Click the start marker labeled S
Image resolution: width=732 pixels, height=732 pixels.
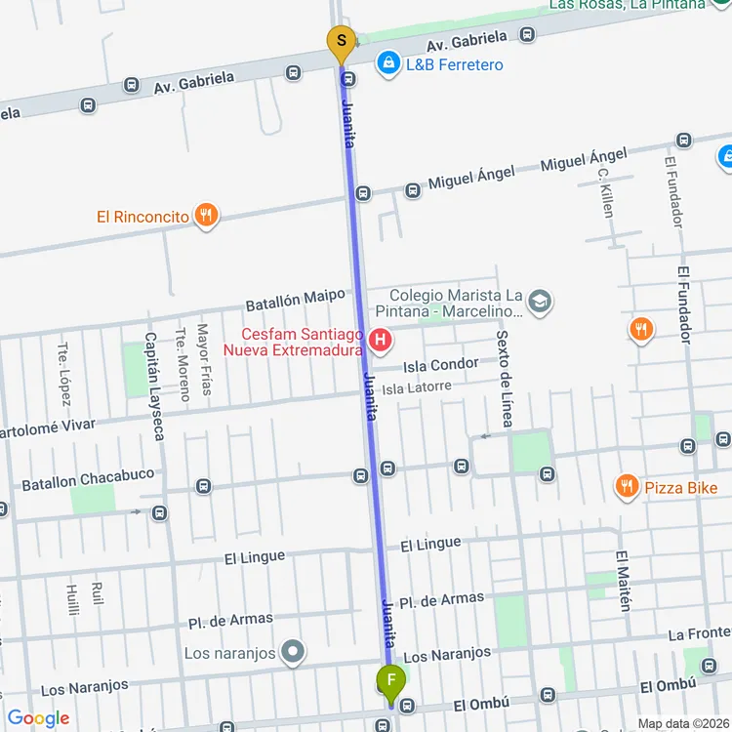pyautogui.click(x=341, y=41)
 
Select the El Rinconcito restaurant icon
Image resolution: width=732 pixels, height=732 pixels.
pyautogui.click(x=205, y=216)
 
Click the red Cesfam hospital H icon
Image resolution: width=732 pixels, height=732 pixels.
pyautogui.click(x=381, y=341)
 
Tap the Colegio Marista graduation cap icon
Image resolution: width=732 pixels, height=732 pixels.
pyautogui.click(x=540, y=304)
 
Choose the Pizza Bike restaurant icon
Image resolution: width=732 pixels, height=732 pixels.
pyautogui.click(x=627, y=485)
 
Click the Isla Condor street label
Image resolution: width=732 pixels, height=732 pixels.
pyautogui.click(x=441, y=365)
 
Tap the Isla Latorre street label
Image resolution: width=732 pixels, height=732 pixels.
pyautogui.click(x=417, y=387)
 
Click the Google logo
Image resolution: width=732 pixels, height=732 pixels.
pyautogui.click(x=38, y=718)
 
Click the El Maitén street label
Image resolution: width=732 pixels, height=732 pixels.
pyautogui.click(x=623, y=581)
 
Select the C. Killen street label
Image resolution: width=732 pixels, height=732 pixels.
pyautogui.click(x=605, y=192)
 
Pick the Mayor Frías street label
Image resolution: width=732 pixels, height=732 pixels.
pyautogui.click(x=204, y=359)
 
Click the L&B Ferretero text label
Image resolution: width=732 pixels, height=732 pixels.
pyautogui.click(x=455, y=64)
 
